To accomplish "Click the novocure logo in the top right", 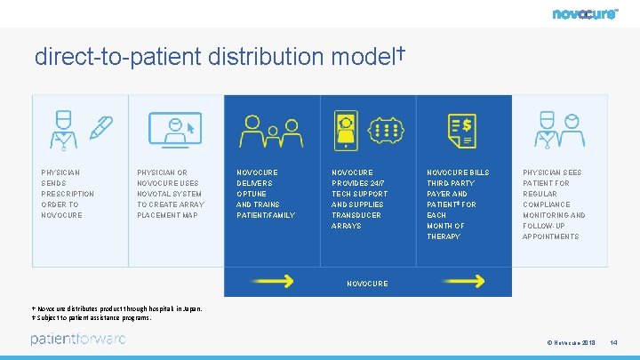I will click(584, 13).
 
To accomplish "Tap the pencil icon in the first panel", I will click(100, 129).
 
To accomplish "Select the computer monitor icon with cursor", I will click(175, 131).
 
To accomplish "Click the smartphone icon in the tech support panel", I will click(345, 131).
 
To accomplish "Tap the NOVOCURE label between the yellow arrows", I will click(367, 284).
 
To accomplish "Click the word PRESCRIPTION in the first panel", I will click(68, 194).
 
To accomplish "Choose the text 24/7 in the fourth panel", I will click(376, 183).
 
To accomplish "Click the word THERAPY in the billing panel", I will click(444, 236).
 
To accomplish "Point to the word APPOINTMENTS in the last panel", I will click(550, 236).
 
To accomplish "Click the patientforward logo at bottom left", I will click(78, 339).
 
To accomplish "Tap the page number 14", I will click(613, 342).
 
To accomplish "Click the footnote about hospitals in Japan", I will click(117, 308).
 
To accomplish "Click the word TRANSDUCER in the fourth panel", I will click(356, 215).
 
